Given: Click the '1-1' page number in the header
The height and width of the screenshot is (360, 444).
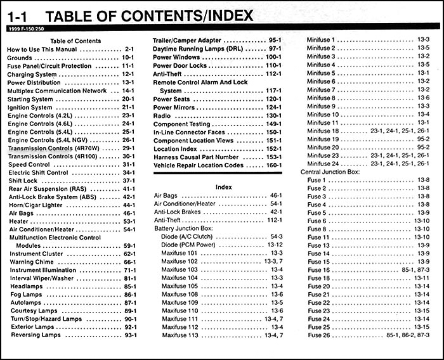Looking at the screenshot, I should coord(18,14).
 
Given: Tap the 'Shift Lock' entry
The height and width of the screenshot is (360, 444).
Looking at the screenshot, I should coord(23,181).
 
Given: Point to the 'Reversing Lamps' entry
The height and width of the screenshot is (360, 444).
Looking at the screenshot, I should coord(34,335).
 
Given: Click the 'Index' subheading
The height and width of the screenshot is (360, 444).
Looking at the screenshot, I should coord(223,187).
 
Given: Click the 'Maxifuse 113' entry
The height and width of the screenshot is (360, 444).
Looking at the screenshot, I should coord(183,335).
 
